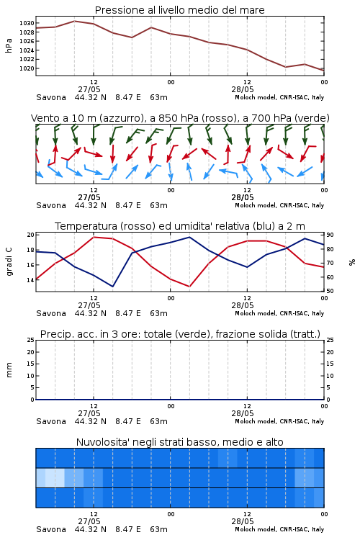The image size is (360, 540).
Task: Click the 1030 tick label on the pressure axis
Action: pyautogui.click(x=27, y=24)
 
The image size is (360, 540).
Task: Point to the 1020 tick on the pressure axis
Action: pyautogui.click(x=27, y=68)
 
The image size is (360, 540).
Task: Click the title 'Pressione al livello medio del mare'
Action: pyautogui.click(x=180, y=10)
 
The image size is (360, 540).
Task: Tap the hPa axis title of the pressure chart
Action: pyautogui.click(x=9, y=45)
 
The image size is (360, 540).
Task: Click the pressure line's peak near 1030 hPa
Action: pyautogui.click(x=74, y=21)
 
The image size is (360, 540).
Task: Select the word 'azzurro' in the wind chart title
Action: pyautogui.click(x=120, y=118)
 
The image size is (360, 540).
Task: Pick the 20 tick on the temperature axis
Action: pyautogui.click(x=31, y=235)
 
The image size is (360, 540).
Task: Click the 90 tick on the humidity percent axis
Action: pyautogui.click(x=330, y=235)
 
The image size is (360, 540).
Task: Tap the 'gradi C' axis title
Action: pyautogui.click(x=9, y=262)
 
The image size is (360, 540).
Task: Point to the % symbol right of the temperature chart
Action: pyautogui.click(x=352, y=262)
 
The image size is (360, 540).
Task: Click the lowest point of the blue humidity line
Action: pyautogui.click(x=112, y=286)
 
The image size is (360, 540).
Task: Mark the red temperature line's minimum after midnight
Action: pyautogui.click(x=189, y=286)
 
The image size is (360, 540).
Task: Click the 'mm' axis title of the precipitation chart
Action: pyautogui.click(x=9, y=370)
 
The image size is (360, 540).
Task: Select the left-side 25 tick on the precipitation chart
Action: pyautogui.click(x=31, y=341)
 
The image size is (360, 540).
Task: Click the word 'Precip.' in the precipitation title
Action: pyautogui.click(x=56, y=334)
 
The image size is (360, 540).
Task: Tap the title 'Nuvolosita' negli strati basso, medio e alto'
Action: pyautogui.click(x=180, y=442)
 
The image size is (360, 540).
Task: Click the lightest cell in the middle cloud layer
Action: pyautogui.click(x=55, y=478)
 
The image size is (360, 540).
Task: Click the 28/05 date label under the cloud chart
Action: pyautogui.click(x=243, y=521)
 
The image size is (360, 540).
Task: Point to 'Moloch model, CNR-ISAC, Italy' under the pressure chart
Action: pyautogui.click(x=279, y=97)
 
